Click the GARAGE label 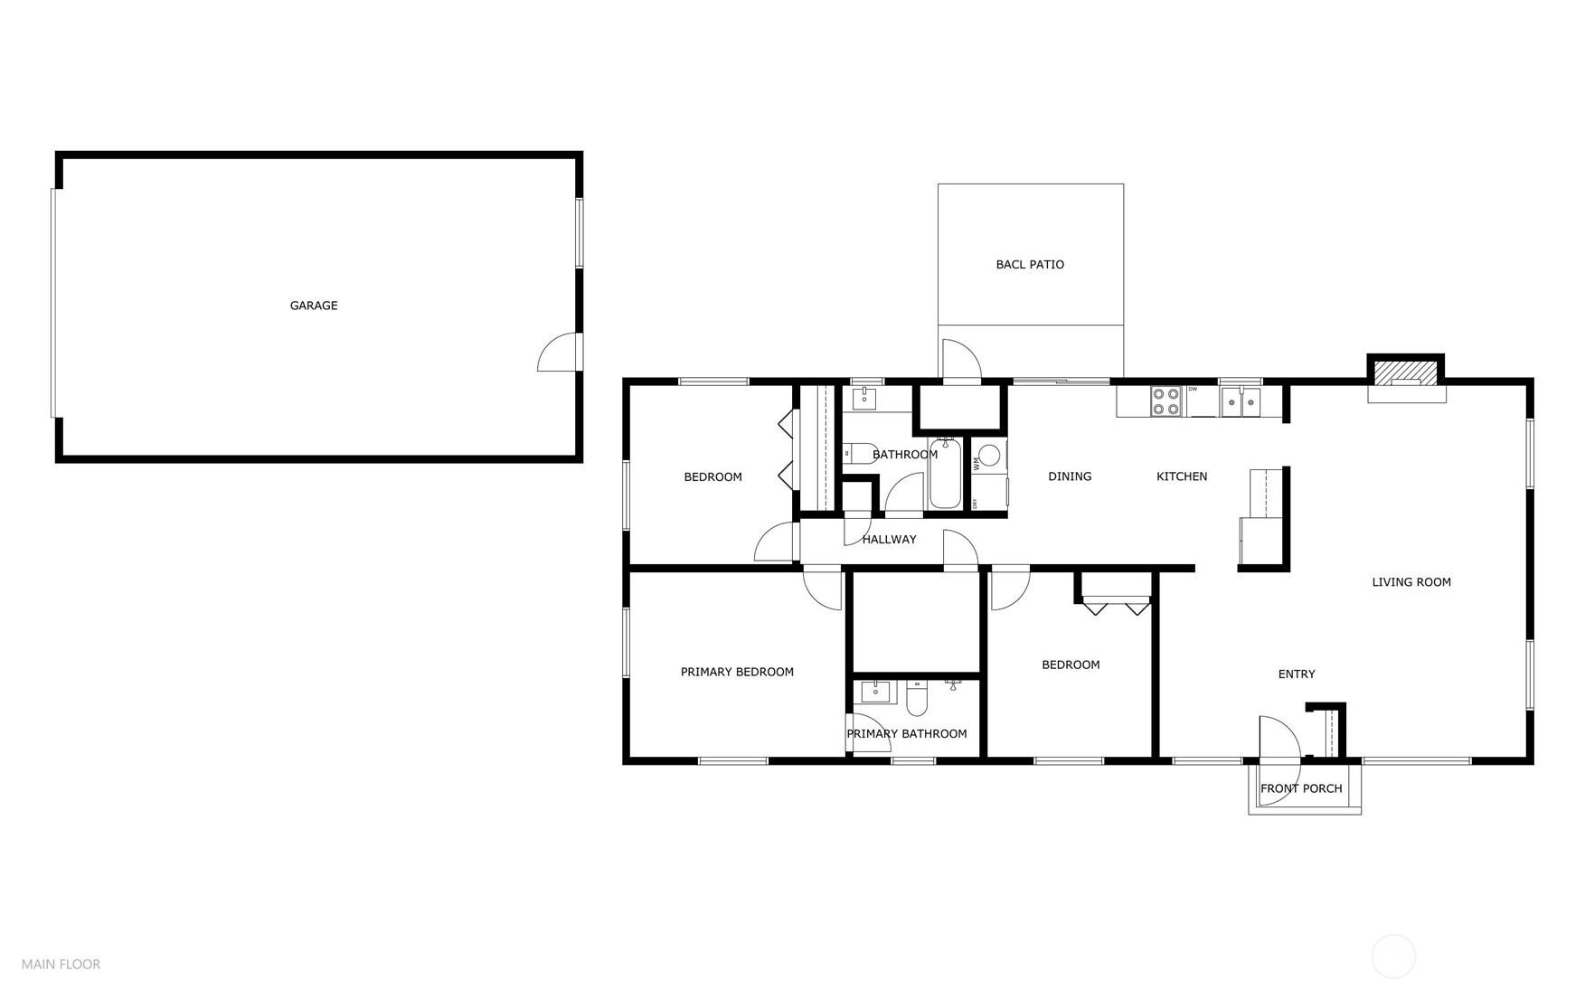(x=314, y=306)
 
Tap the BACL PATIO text (x=1030, y=264)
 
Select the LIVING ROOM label (x=1410, y=582)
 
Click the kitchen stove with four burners (x=1165, y=401)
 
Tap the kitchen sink (x=1241, y=401)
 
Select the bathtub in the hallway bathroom (x=945, y=475)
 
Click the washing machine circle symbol (x=990, y=455)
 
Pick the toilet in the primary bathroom (x=917, y=697)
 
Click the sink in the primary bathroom (x=875, y=692)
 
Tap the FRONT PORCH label (x=1301, y=788)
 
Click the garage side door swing (x=558, y=353)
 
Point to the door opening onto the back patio (x=961, y=361)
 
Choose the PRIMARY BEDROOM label (x=737, y=672)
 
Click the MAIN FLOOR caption (x=61, y=965)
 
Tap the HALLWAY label (x=889, y=540)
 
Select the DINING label (x=1070, y=476)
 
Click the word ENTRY (x=1296, y=674)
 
